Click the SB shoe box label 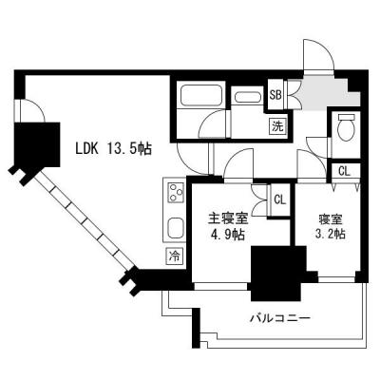pos(275,94)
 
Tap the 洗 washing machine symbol pos(277,124)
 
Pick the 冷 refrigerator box pos(175,256)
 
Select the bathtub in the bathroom pos(200,99)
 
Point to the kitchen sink pos(176,229)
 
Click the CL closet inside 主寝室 pos(279,199)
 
